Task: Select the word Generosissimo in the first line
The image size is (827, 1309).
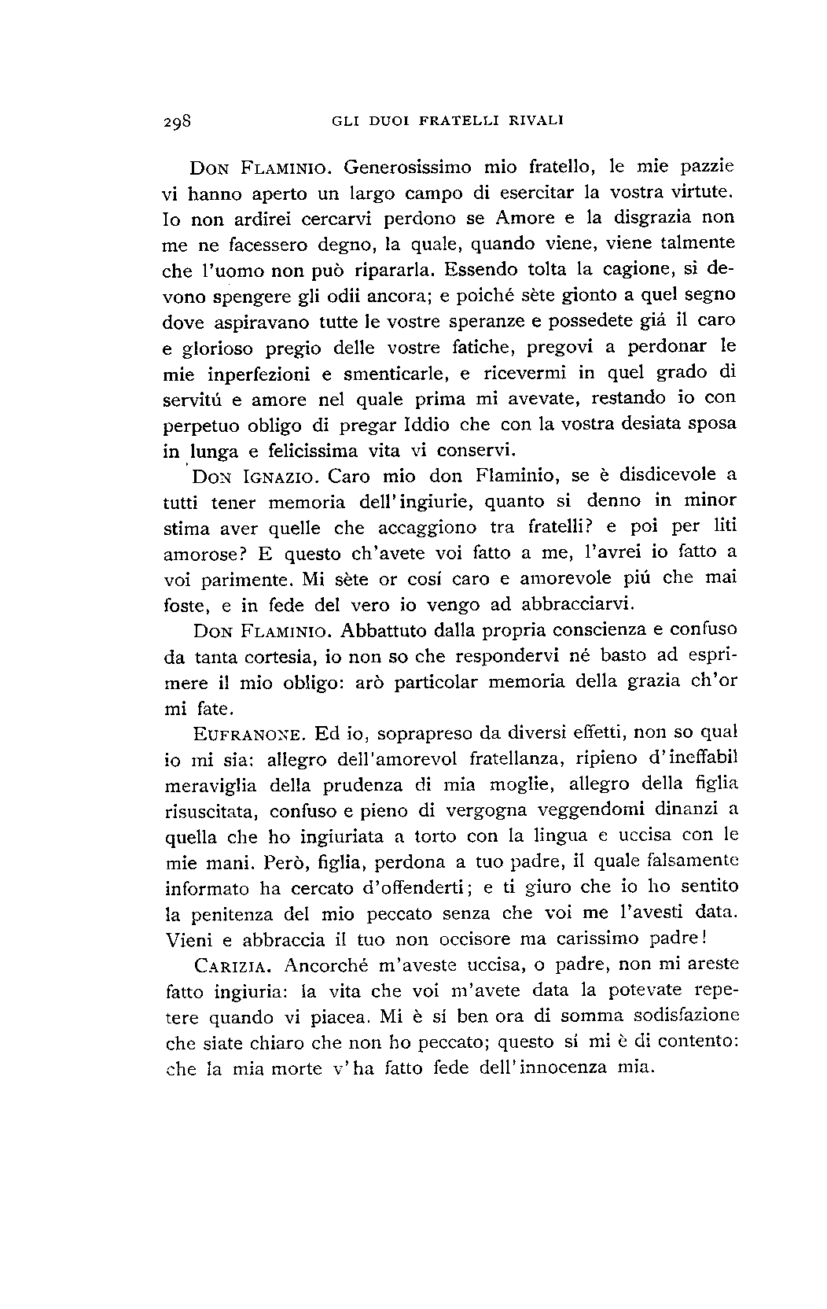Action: coord(408,168)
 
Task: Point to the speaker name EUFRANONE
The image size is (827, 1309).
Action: coord(248,735)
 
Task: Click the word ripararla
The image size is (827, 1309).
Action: coord(390,271)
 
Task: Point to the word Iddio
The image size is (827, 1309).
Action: coord(427,425)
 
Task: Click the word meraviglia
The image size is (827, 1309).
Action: coord(211,785)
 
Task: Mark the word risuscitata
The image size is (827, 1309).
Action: coord(211,811)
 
